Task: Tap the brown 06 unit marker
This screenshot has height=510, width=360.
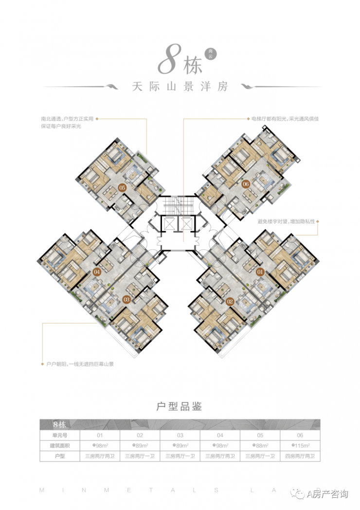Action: (x=245, y=184)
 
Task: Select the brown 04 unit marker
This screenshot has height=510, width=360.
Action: (x=97, y=272)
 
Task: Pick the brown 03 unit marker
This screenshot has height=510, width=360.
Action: (x=126, y=299)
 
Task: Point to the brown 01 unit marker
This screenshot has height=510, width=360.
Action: (x=260, y=272)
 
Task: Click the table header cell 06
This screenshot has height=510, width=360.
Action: (x=300, y=435)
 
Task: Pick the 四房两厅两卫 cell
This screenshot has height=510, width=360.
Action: (x=300, y=456)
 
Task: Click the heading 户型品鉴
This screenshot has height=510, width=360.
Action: (x=179, y=406)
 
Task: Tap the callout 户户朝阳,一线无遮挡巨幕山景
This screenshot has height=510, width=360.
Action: (x=80, y=364)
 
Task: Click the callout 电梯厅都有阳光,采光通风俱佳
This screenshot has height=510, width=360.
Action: (x=282, y=118)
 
